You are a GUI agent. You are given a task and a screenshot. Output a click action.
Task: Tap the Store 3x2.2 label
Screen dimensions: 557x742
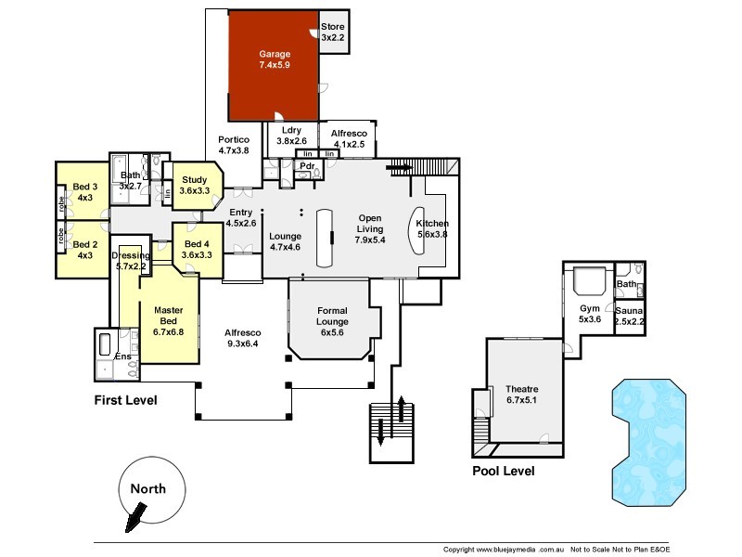(x=332, y=32)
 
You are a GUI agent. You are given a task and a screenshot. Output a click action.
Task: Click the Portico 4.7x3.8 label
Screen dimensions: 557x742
(x=233, y=145)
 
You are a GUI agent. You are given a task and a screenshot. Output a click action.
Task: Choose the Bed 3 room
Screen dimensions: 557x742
(x=85, y=192)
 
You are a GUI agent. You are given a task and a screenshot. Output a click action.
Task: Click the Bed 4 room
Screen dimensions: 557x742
(x=195, y=249)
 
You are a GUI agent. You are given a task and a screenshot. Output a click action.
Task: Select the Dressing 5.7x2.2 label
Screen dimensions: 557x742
(x=130, y=261)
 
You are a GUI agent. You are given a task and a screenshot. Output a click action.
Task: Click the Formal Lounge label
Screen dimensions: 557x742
(x=332, y=316)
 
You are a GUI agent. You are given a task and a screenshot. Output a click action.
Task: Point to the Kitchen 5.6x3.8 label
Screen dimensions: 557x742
(x=432, y=229)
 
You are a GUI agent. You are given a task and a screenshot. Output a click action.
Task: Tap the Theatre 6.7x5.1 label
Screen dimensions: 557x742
(x=522, y=395)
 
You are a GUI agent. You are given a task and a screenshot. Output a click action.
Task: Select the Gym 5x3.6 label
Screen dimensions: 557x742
(x=590, y=313)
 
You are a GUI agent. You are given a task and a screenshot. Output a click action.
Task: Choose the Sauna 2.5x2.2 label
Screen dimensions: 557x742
(x=631, y=316)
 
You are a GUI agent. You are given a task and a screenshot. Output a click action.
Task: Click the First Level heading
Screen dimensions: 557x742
(x=125, y=400)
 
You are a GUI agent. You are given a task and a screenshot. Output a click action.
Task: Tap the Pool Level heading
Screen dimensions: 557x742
(x=503, y=471)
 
